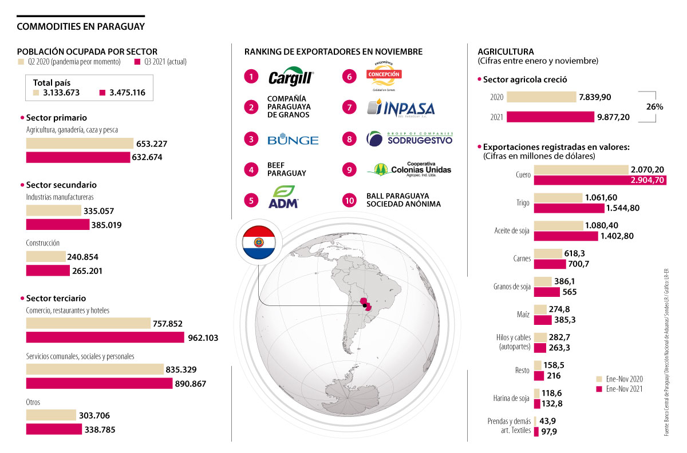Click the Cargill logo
tap(290, 77)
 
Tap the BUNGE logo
tap(293, 140)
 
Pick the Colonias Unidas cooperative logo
tap(409, 169)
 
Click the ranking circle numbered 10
tap(349, 200)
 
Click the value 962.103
tap(203, 338)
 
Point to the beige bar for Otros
tap(51, 415)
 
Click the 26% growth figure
tap(654, 106)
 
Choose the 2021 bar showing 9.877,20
tap(550, 117)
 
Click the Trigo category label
tap(522, 202)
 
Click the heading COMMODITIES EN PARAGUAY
tap(81, 26)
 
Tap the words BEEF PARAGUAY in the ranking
tap(286, 169)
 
